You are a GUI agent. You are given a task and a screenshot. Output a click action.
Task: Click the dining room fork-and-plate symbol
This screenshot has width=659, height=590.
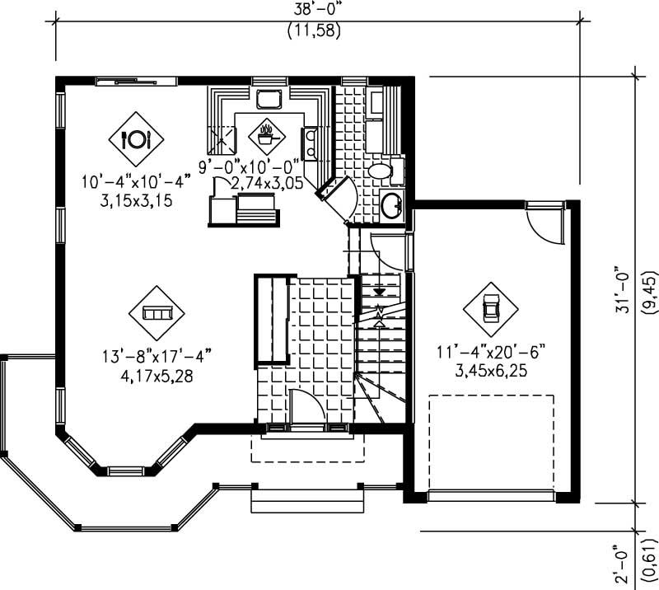[x=136, y=138]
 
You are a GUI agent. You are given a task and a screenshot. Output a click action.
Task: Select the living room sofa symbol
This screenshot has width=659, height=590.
[x=157, y=312]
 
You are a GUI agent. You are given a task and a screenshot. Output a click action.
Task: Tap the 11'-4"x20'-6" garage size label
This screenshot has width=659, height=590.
[x=491, y=353]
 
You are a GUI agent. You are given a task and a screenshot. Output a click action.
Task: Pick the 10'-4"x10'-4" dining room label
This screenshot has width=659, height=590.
[x=136, y=180]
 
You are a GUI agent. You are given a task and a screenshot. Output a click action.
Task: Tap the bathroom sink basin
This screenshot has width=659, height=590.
[x=392, y=203]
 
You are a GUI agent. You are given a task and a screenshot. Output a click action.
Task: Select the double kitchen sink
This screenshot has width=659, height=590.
[x=311, y=143]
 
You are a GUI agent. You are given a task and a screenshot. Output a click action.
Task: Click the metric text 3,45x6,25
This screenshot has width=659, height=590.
[x=491, y=371]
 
